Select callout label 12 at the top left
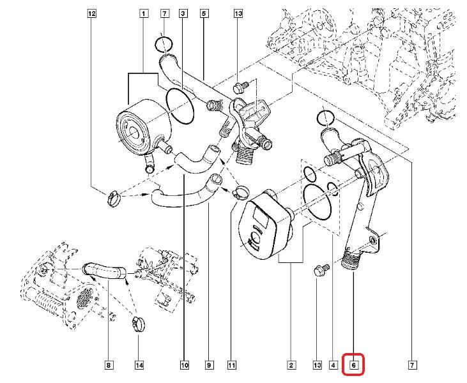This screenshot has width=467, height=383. tap(92, 13)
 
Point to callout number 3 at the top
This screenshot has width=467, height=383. tap(183, 13)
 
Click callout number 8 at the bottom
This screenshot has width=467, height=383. tap(108, 366)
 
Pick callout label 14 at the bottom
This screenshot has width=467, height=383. tap(139, 366)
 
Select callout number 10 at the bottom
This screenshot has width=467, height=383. tap(184, 366)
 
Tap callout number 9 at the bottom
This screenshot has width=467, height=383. tap(208, 366)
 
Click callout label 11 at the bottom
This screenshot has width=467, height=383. tap(232, 366)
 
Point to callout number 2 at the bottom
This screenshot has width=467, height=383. tap(291, 366)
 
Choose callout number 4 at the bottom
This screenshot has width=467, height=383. tap(333, 366)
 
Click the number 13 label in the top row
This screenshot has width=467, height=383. tap(238, 13)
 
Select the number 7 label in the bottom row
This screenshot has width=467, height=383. tap(413, 366)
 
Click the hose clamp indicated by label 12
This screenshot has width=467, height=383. tap(113, 198)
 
